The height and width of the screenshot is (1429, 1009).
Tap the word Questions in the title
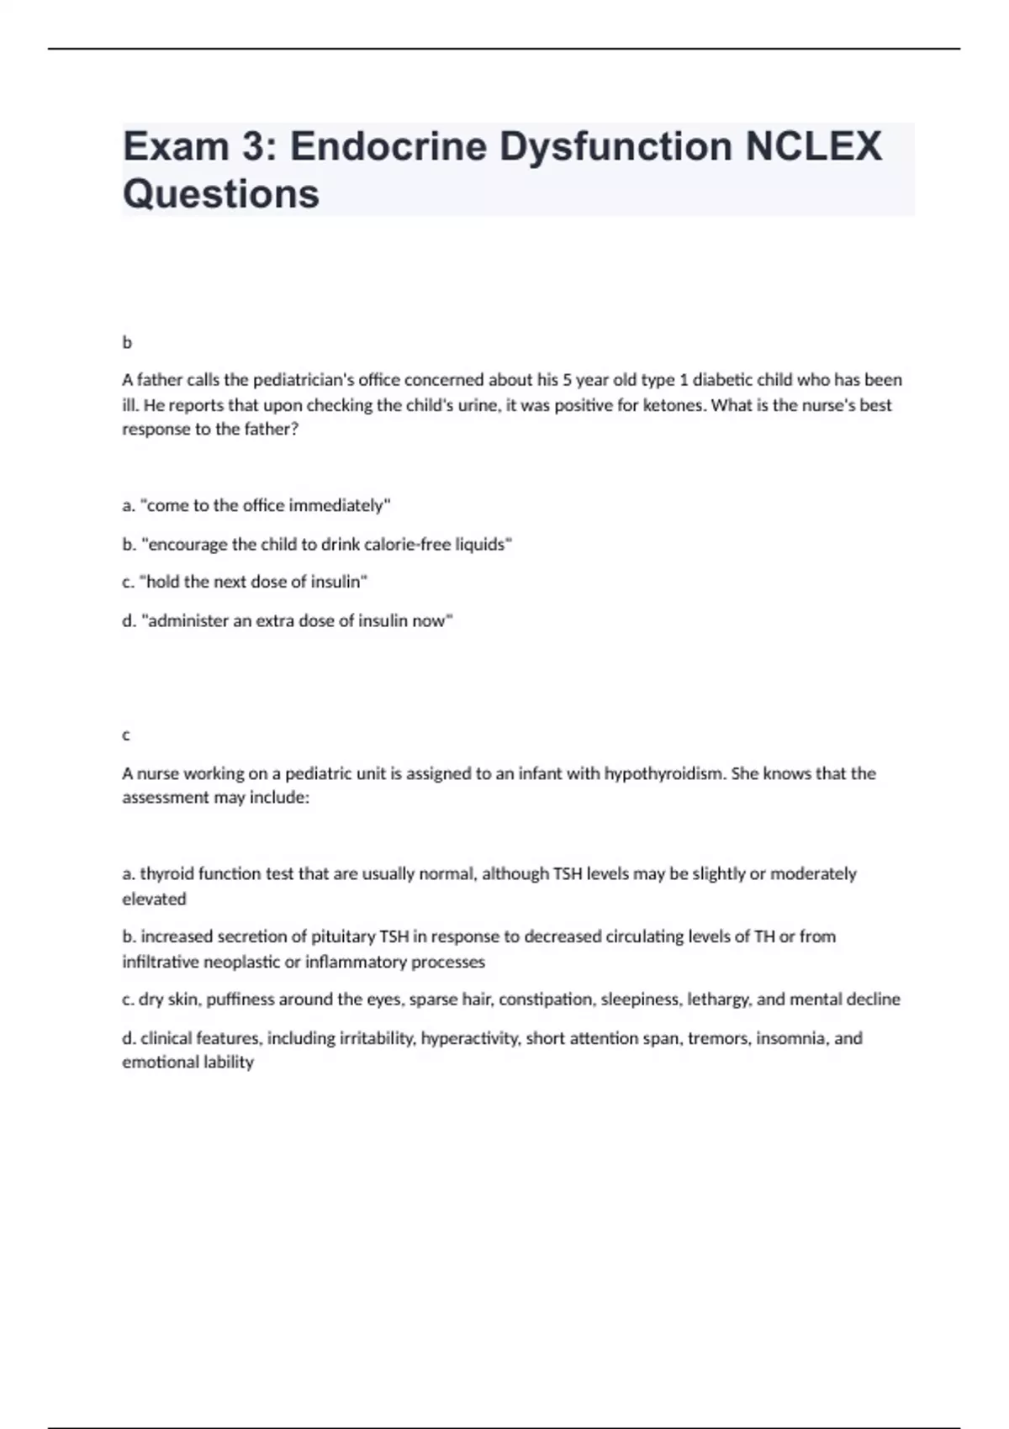[x=221, y=194]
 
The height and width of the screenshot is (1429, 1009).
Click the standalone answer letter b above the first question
[x=127, y=343]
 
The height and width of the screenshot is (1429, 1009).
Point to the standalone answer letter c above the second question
[x=126, y=736]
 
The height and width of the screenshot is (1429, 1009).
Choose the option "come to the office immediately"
[x=256, y=505]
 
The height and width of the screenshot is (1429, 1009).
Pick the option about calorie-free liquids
[x=317, y=544]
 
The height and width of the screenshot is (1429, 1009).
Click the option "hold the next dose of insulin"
[x=245, y=582]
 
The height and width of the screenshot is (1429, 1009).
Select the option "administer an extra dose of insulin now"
[x=288, y=620]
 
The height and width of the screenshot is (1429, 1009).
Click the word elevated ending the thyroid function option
[x=154, y=899]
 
